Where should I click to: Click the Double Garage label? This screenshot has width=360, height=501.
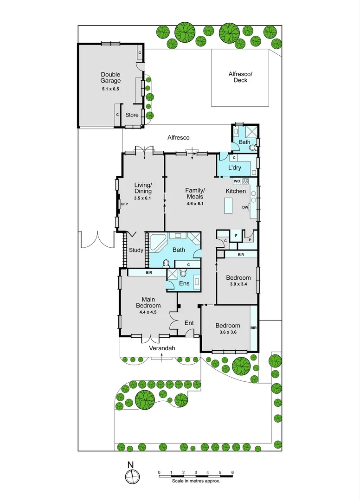(110, 77)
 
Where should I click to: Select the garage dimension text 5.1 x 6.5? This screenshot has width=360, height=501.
(110, 88)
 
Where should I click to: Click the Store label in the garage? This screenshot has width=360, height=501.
(132, 115)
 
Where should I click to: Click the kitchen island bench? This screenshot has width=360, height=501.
(229, 205)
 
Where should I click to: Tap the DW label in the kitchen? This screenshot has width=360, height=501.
(244, 207)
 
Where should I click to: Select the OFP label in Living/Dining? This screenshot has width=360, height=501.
(124, 204)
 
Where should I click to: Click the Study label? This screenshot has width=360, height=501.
(135, 250)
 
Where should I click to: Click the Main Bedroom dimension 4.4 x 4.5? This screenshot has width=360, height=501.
(148, 312)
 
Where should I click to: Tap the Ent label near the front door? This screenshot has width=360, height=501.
(189, 323)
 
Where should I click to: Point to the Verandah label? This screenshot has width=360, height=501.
(161, 348)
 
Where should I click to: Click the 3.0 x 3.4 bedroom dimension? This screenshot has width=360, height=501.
(237, 284)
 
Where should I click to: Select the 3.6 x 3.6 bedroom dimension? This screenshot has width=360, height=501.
(227, 332)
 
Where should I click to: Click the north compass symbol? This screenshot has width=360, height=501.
(132, 476)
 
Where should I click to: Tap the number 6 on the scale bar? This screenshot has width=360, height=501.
(232, 472)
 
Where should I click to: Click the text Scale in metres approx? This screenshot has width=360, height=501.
(196, 481)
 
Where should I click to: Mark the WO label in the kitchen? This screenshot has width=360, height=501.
(236, 180)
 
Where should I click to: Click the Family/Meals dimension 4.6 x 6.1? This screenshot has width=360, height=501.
(195, 203)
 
